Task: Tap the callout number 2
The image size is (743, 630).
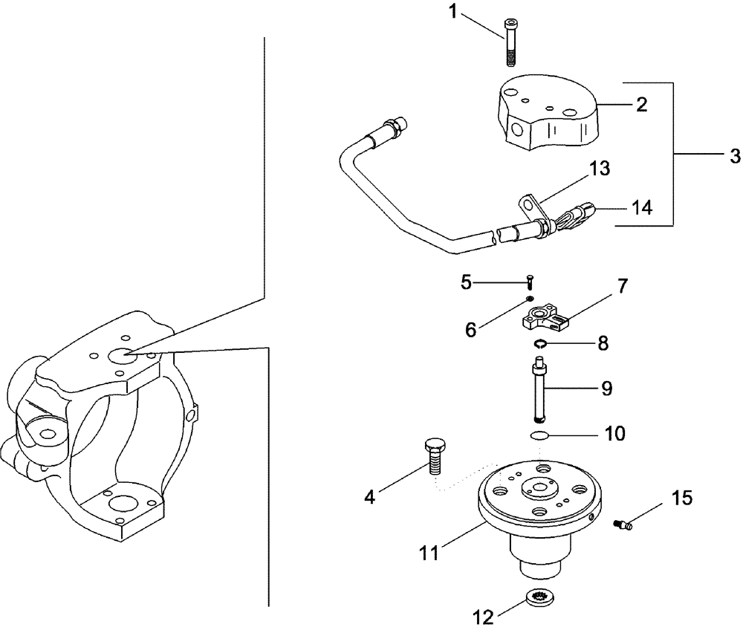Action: tap(641, 104)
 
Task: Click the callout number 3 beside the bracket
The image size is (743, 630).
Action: tap(735, 157)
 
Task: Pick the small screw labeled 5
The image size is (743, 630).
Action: tap(530, 282)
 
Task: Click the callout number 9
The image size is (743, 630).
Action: tap(606, 389)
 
